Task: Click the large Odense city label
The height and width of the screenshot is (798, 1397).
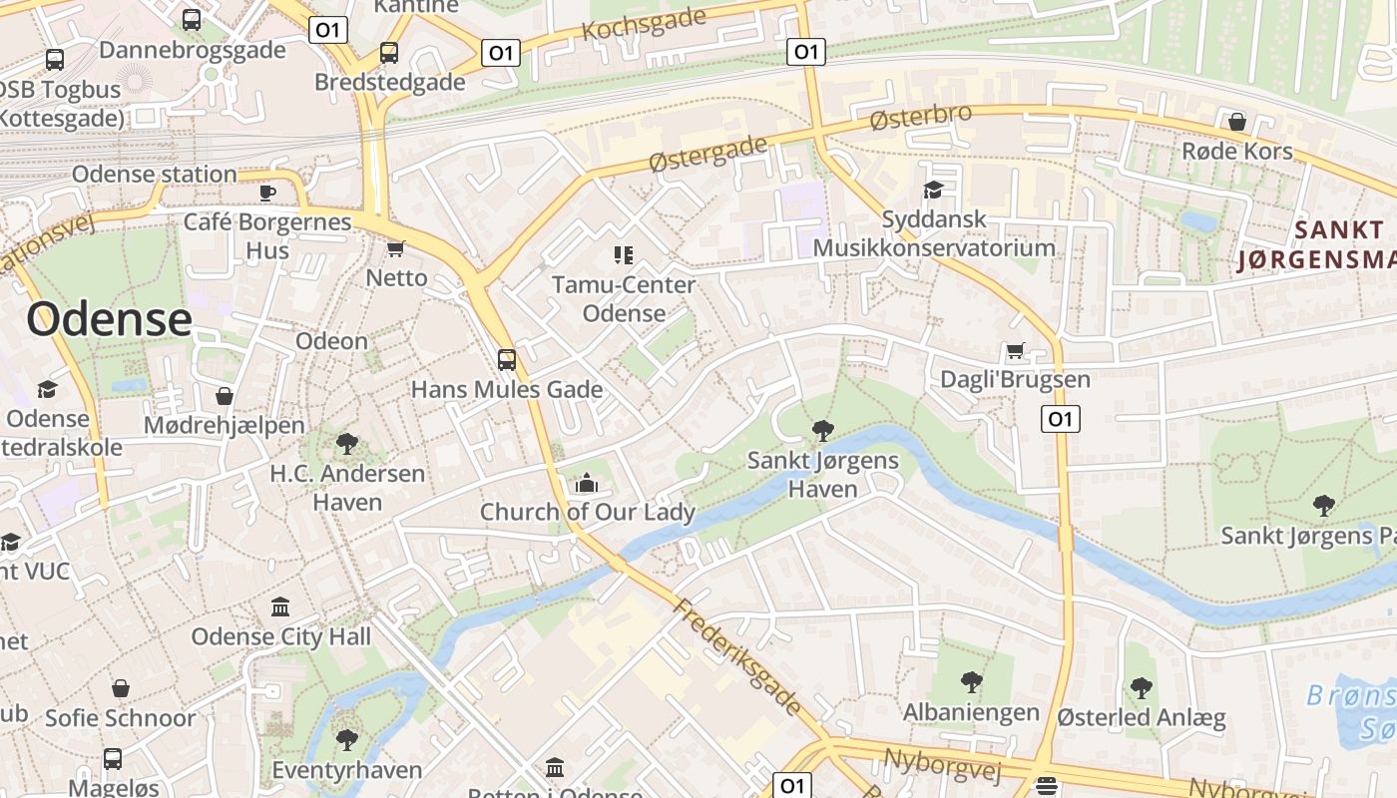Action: (x=109, y=319)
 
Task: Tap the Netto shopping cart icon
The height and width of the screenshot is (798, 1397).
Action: (x=395, y=248)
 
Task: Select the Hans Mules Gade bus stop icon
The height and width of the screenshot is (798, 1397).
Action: (x=507, y=359)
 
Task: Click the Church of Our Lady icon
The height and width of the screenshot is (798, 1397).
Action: (x=587, y=484)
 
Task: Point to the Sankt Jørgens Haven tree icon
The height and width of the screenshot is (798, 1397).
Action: (x=823, y=431)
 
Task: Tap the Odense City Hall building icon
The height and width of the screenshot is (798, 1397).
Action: (x=280, y=606)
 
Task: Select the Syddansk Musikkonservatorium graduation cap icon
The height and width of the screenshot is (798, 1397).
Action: (x=933, y=190)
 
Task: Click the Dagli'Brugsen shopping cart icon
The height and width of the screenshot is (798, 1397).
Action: (x=1016, y=350)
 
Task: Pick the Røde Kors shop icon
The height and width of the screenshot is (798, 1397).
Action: (x=1237, y=122)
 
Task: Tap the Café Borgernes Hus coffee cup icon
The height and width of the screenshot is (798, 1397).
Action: (x=266, y=193)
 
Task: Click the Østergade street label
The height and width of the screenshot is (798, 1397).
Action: (x=707, y=155)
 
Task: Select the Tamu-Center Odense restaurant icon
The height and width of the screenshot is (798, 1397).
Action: (x=624, y=255)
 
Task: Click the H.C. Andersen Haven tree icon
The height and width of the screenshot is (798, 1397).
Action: (x=347, y=443)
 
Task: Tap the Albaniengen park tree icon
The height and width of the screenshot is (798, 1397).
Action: (x=971, y=683)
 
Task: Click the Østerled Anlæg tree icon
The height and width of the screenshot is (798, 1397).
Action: (x=1142, y=688)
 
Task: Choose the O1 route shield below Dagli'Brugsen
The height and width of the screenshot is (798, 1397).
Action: (x=1060, y=419)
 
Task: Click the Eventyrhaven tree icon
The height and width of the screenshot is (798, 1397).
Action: (x=347, y=740)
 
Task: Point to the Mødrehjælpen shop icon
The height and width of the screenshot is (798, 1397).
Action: (x=225, y=396)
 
